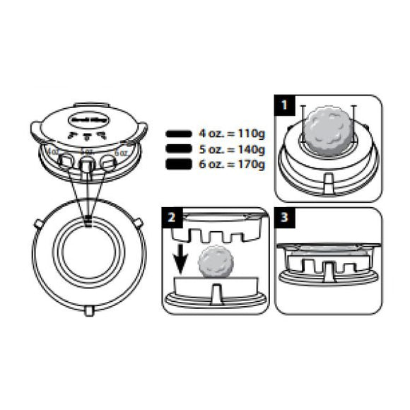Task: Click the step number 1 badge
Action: (x=283, y=106)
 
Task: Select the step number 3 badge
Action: (x=283, y=218)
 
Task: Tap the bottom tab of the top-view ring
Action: (x=90, y=310)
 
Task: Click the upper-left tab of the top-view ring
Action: (x=38, y=223)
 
